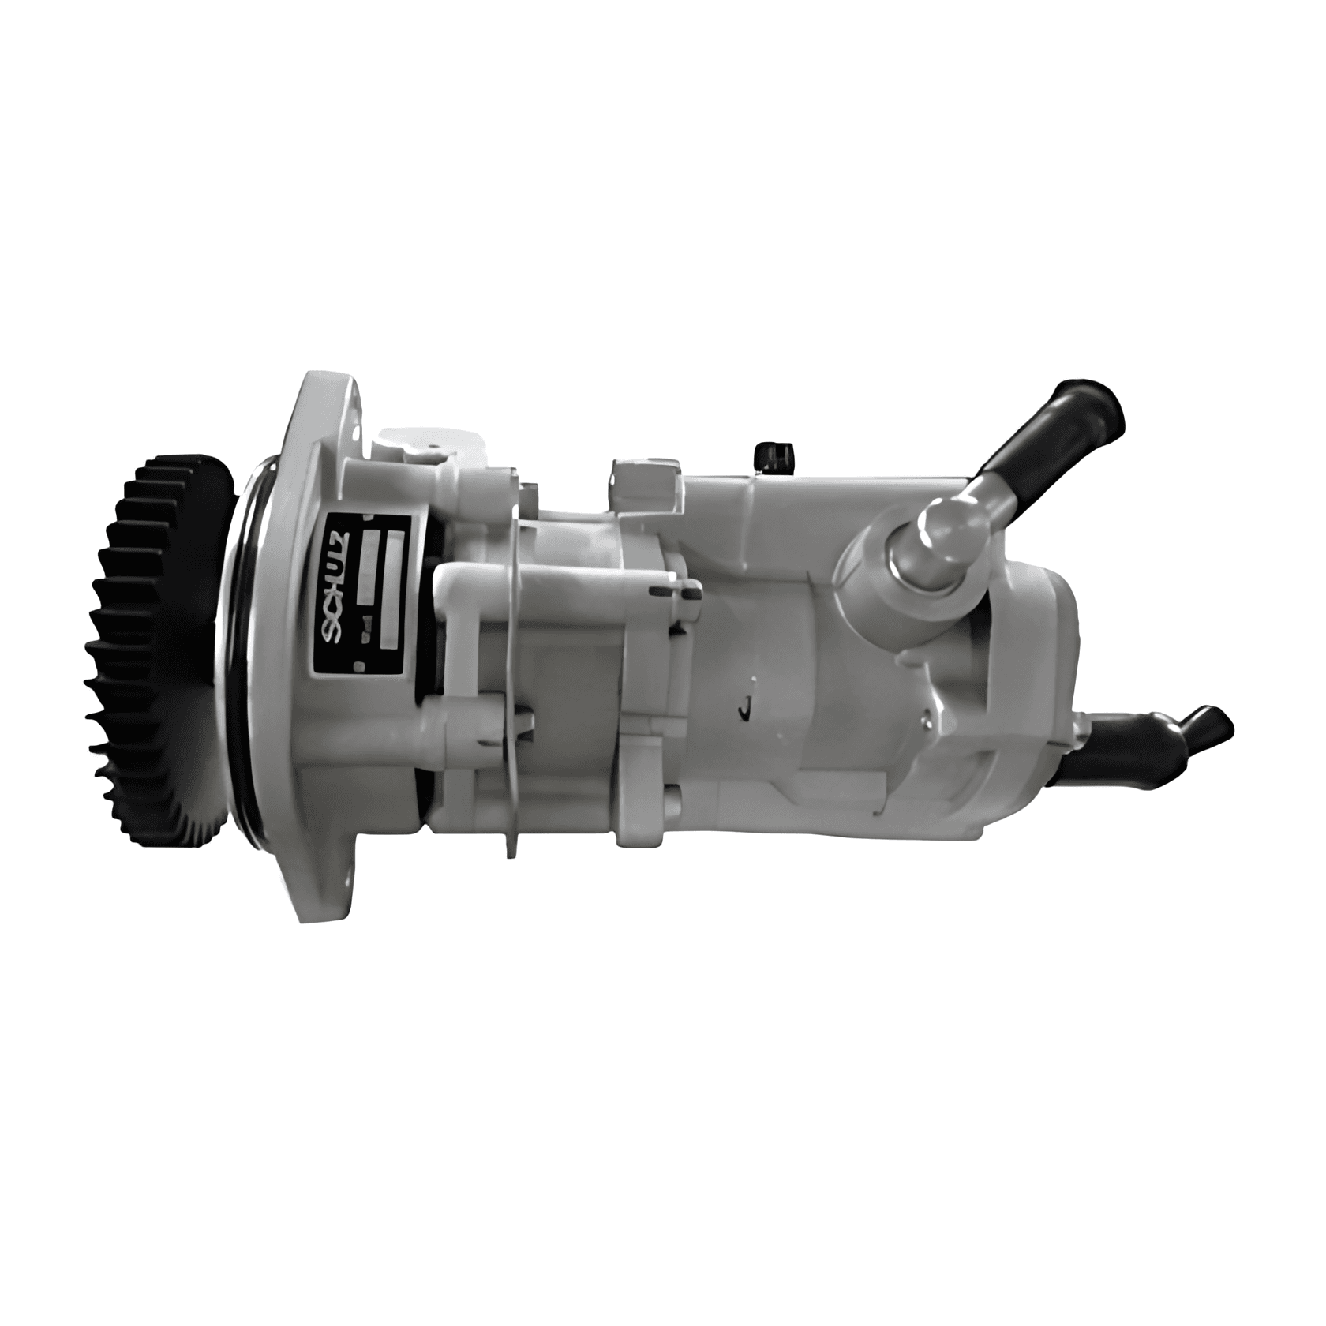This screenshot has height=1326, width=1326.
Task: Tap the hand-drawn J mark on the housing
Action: pyautogui.click(x=744, y=707)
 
